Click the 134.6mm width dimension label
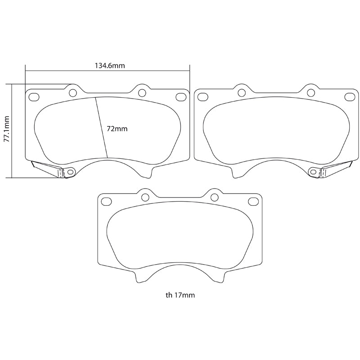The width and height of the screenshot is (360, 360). click(x=109, y=65)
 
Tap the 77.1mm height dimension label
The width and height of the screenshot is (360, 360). click(x=6, y=130)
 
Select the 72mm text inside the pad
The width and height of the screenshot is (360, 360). click(x=117, y=128)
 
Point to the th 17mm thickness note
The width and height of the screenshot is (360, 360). click(x=180, y=295)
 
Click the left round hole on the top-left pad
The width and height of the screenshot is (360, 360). click(x=72, y=93)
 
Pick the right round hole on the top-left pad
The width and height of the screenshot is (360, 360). click(x=142, y=93)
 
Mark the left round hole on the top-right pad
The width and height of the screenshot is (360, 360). click(x=241, y=93)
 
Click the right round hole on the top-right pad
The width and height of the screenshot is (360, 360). click(x=310, y=93)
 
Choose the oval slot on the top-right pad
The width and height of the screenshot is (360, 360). click(x=349, y=96)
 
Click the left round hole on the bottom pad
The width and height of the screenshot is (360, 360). click(x=145, y=197)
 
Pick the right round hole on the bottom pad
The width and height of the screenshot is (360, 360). click(x=214, y=197)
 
